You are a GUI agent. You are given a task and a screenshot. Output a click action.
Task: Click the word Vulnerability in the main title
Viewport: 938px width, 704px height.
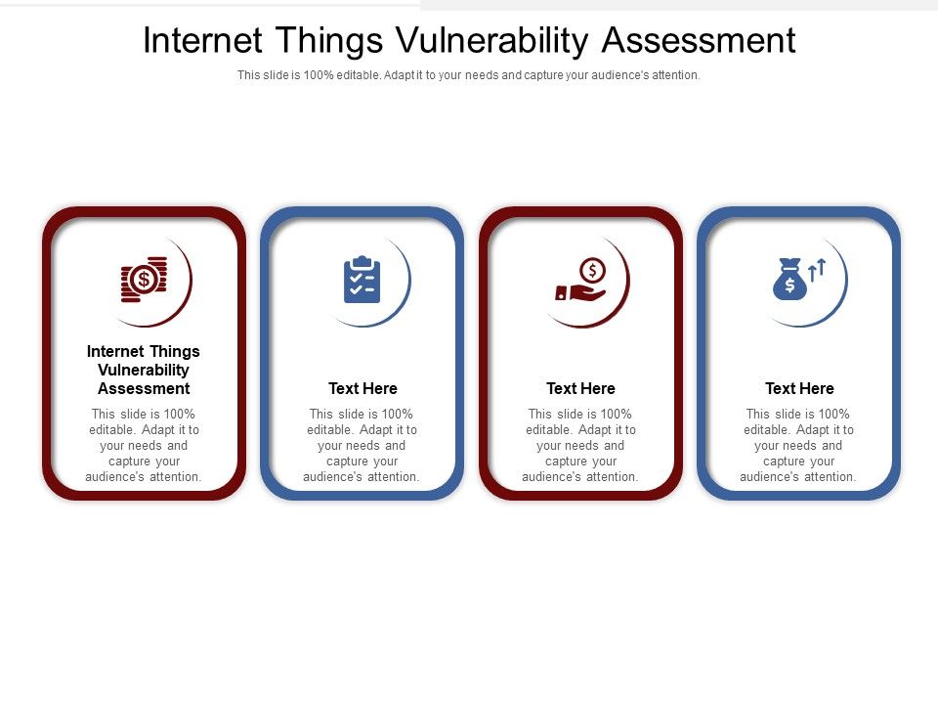(x=493, y=41)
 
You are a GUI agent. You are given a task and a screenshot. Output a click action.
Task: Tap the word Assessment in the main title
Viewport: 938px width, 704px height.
(x=699, y=41)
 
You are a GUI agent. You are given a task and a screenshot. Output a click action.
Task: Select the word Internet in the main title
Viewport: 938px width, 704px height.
(x=203, y=41)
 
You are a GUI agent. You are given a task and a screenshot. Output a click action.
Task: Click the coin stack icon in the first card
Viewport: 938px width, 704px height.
(x=144, y=280)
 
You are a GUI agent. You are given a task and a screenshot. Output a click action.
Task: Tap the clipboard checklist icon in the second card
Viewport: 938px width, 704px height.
(x=362, y=280)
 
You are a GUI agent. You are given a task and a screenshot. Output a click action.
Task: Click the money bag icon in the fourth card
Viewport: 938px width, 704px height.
(x=789, y=280)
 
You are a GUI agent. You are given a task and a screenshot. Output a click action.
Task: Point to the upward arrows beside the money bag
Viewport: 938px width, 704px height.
(x=818, y=269)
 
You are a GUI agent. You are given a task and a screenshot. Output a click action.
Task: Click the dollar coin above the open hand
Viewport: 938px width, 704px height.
(x=592, y=269)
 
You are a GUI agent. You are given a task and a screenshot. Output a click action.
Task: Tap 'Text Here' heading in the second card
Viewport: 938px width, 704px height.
(x=362, y=388)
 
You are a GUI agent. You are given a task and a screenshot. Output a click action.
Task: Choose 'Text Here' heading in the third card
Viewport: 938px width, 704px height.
(x=581, y=388)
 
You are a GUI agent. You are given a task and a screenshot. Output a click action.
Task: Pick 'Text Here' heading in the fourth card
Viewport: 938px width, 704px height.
(x=799, y=388)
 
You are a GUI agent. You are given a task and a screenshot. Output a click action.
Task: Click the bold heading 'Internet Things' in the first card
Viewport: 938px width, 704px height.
(x=144, y=351)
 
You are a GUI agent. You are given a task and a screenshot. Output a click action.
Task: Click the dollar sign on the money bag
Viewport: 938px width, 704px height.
(x=789, y=286)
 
